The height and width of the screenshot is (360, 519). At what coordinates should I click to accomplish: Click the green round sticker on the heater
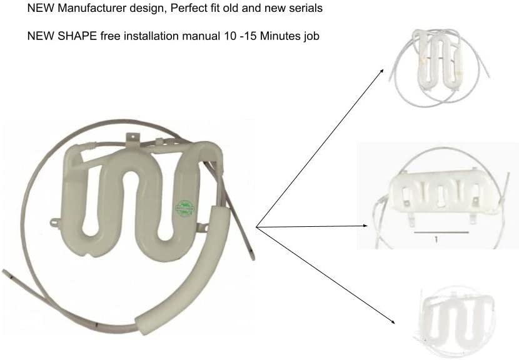pyautogui.click(x=184, y=207)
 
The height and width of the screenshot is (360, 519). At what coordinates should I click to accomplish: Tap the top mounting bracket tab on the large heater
pyautogui.click(x=133, y=138)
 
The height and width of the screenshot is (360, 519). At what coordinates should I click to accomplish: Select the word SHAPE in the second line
pyautogui.click(x=77, y=36)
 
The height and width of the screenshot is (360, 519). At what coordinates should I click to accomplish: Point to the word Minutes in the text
pyautogui.click(x=280, y=36)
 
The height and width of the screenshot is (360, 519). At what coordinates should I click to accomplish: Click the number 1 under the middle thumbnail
pyautogui.click(x=436, y=239)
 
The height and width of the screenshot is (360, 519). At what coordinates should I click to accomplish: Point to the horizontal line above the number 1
pyautogui.click(x=441, y=232)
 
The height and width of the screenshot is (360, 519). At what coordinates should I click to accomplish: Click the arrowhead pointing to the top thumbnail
pyautogui.click(x=382, y=71)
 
